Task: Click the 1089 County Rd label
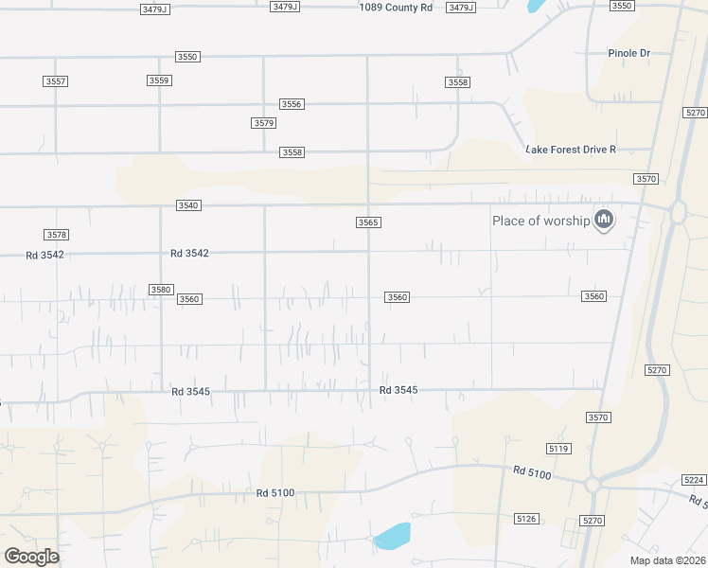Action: click(396, 7)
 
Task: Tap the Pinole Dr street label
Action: click(628, 53)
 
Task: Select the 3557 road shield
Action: click(56, 81)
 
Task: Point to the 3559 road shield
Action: click(159, 80)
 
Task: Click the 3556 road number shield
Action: click(291, 104)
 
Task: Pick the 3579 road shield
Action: click(263, 123)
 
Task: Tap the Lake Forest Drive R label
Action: click(571, 150)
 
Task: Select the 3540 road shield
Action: click(188, 205)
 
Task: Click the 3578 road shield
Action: click(57, 234)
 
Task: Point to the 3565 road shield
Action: click(368, 222)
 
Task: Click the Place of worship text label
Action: click(540, 221)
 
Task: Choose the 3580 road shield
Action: click(160, 290)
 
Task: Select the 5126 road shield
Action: click(526, 519)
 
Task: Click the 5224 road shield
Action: click(694, 480)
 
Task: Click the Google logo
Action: click(31, 557)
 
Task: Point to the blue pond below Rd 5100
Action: click(392, 537)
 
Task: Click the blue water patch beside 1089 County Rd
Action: click(535, 5)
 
